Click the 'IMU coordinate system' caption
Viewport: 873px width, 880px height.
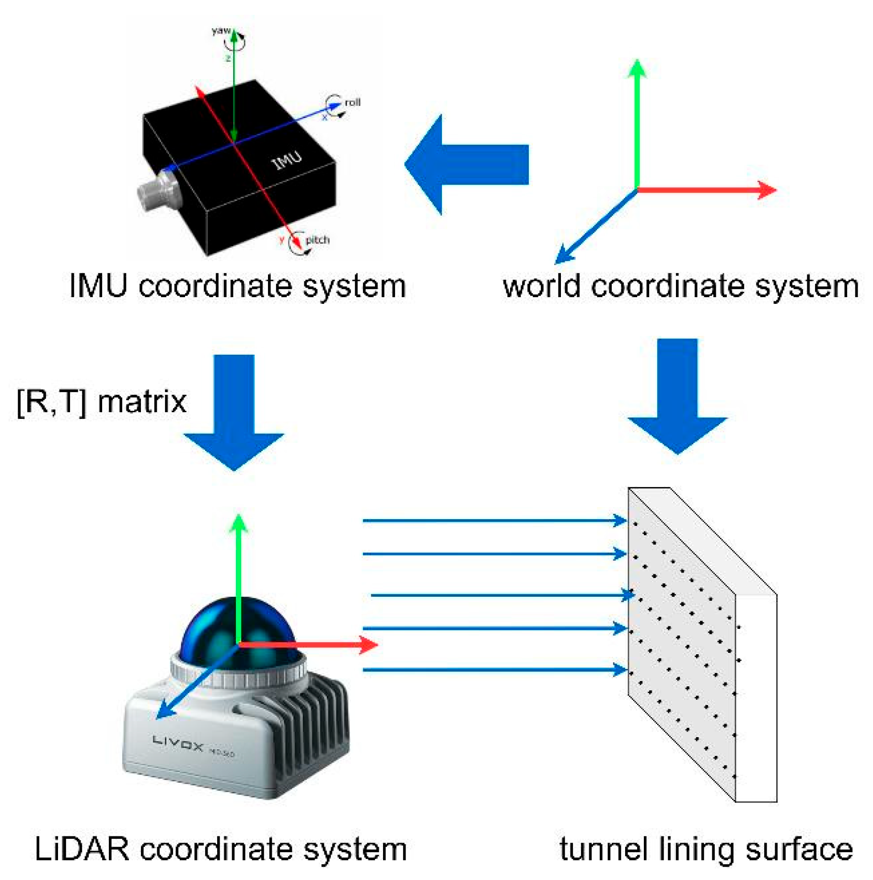[237, 286]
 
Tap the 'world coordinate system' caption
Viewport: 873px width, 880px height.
[680, 286]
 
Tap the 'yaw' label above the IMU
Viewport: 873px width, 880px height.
[221, 31]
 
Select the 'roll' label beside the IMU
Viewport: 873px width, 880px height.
[352, 102]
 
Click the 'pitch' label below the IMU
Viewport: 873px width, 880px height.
[317, 240]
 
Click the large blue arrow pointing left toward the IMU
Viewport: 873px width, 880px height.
[465, 164]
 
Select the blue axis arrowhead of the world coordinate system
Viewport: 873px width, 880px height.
[564, 256]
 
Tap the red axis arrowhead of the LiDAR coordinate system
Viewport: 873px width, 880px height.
[368, 645]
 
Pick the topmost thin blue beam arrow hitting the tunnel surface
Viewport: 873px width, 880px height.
[494, 520]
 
